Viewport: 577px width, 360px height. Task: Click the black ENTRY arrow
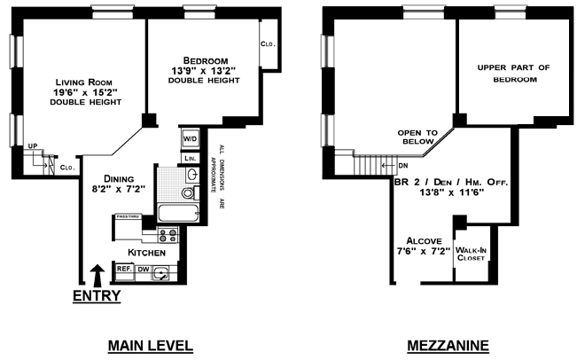(x=97, y=276)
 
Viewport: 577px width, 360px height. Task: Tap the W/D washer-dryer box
(x=191, y=139)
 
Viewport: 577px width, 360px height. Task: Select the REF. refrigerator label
(x=124, y=269)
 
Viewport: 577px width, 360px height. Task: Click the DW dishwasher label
(x=144, y=270)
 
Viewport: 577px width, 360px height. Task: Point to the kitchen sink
(x=160, y=273)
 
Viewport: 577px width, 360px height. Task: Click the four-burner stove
(x=168, y=235)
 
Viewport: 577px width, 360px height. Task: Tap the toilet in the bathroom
(x=189, y=193)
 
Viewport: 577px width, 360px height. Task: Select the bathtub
(x=178, y=213)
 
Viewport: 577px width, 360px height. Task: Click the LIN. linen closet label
(x=191, y=159)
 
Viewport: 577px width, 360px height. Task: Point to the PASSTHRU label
(x=128, y=216)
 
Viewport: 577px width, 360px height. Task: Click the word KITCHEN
(x=146, y=253)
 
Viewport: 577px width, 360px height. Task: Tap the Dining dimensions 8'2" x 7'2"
(x=119, y=189)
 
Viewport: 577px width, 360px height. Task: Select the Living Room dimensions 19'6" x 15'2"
(x=86, y=92)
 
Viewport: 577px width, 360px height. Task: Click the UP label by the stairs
(x=33, y=146)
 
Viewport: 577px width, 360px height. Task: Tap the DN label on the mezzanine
(x=403, y=166)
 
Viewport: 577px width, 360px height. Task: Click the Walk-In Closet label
(x=471, y=254)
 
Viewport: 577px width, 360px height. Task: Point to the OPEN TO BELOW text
(x=417, y=137)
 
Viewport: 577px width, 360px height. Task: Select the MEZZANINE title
(x=448, y=346)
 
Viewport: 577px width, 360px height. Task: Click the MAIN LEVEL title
(x=151, y=346)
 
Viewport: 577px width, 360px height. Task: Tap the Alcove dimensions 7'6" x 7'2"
(x=424, y=252)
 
